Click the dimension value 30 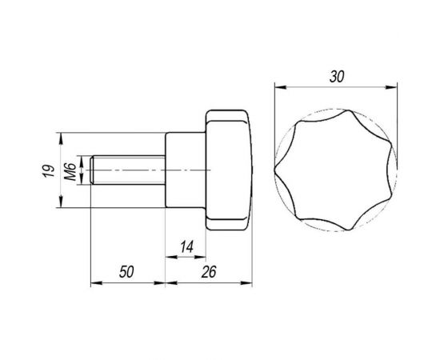pos(336,77)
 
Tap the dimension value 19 pos(49,170)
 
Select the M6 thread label pos(70,171)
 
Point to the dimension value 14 pos(186,247)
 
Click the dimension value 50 pos(126,272)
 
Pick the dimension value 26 pos(209,272)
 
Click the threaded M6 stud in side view pos(128,170)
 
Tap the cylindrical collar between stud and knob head pos(186,170)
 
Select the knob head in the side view pos(229,170)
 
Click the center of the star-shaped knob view pos(336,170)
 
